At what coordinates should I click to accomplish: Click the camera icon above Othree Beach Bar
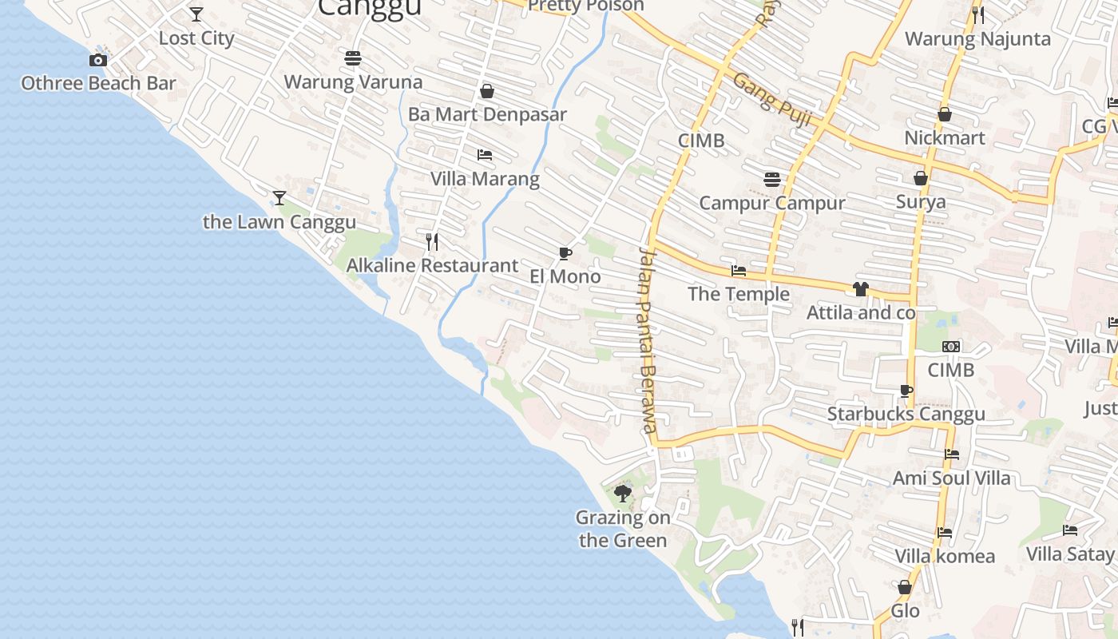(x=98, y=60)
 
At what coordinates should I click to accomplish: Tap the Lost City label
(x=196, y=38)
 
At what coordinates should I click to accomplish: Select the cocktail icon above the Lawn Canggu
(x=279, y=197)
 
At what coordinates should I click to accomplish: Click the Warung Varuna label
(x=353, y=82)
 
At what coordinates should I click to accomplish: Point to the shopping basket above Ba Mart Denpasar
(x=486, y=91)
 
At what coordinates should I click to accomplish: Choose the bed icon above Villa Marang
(x=484, y=154)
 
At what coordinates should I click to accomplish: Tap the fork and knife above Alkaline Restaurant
(x=432, y=241)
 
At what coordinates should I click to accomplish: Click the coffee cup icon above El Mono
(x=565, y=254)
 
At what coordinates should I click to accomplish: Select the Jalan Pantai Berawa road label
(x=647, y=339)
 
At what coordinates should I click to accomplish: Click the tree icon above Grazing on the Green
(x=623, y=494)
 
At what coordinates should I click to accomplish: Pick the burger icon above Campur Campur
(x=771, y=179)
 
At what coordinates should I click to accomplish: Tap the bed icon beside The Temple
(x=739, y=272)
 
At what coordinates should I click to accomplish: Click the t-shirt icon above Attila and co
(x=860, y=288)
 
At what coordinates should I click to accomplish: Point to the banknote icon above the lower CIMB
(x=950, y=347)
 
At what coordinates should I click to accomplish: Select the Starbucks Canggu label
(x=906, y=415)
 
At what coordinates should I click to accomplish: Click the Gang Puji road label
(x=771, y=101)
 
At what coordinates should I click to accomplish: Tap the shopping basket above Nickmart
(x=944, y=114)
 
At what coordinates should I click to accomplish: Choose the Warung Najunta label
(x=977, y=39)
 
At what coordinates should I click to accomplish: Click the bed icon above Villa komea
(x=945, y=533)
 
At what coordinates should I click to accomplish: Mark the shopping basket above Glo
(x=905, y=588)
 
